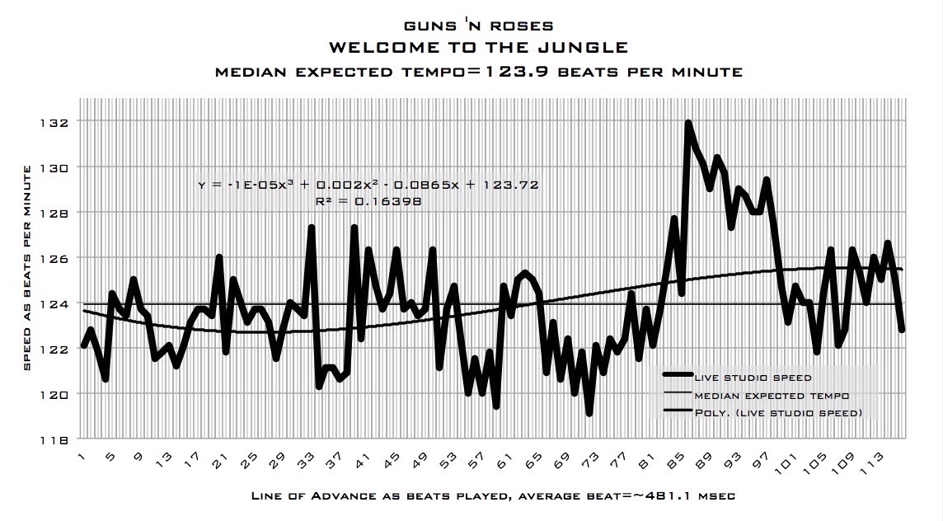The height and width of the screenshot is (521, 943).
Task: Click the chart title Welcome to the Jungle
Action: click(478, 48)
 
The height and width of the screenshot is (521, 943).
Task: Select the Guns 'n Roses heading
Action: click(478, 26)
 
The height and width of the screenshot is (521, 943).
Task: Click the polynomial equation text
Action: click(368, 185)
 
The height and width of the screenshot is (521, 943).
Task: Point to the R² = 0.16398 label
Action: click(368, 199)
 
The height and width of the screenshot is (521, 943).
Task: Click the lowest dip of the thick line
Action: click(589, 413)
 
